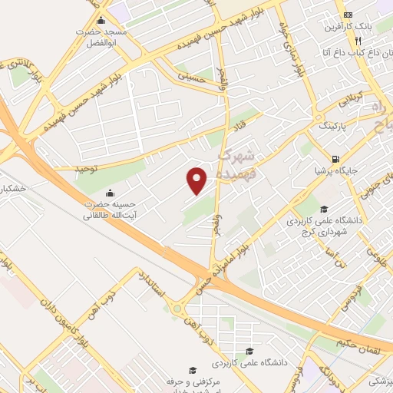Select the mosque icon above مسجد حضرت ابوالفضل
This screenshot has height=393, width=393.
[103, 21]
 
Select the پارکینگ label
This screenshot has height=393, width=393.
[332, 124]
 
